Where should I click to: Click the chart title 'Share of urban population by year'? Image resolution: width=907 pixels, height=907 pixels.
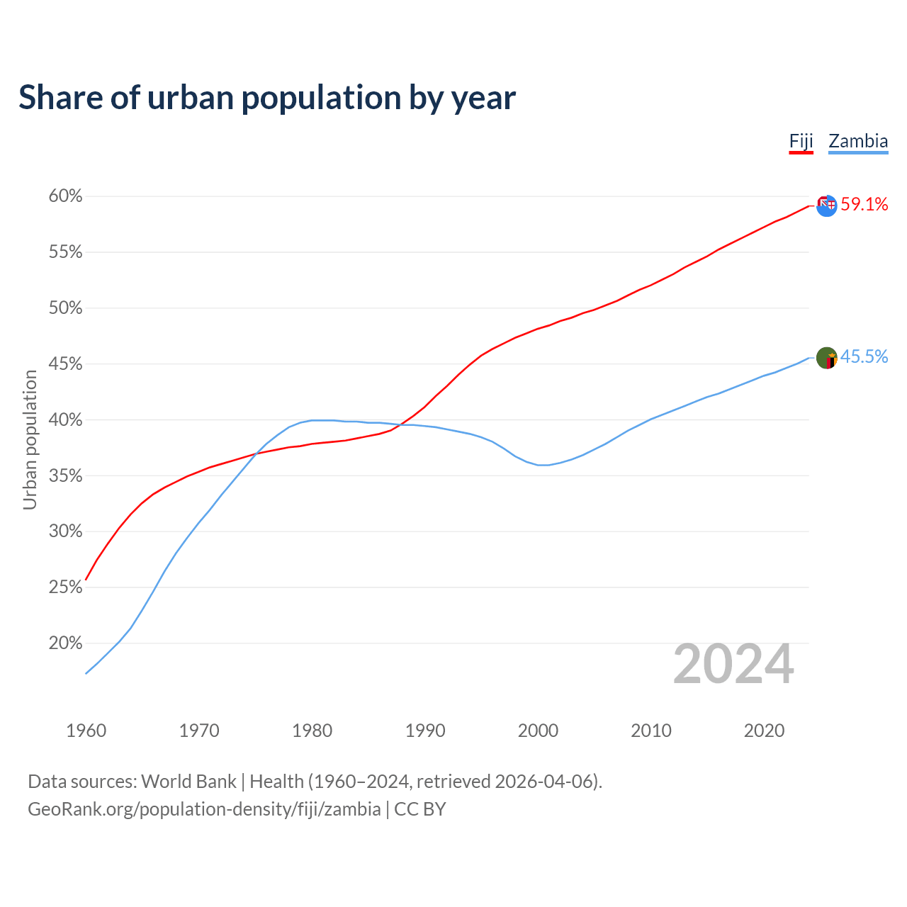(x=267, y=98)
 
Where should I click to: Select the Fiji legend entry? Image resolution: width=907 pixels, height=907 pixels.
(x=801, y=141)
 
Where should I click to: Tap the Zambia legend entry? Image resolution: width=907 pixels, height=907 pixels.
(x=858, y=141)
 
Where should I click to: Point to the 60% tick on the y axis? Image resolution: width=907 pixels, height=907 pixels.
(x=65, y=196)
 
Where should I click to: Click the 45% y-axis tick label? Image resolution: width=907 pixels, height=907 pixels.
(x=65, y=364)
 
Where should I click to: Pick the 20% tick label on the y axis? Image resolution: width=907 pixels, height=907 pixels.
(x=65, y=643)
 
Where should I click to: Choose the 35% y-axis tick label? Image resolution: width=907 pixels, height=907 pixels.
(x=65, y=476)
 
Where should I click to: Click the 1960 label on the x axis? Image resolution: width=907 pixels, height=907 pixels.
(x=86, y=731)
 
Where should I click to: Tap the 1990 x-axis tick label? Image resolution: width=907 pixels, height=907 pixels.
(x=425, y=731)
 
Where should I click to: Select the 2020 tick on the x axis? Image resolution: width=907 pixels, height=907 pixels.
(x=764, y=731)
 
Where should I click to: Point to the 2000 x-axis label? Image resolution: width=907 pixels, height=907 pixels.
(x=538, y=731)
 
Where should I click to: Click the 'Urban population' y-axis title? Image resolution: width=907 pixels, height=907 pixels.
(x=30, y=439)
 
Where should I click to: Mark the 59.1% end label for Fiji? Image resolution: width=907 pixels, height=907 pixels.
(x=864, y=205)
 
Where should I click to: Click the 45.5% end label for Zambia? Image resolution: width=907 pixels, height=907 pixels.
(x=864, y=357)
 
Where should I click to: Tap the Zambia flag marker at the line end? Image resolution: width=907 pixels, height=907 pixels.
(x=826, y=359)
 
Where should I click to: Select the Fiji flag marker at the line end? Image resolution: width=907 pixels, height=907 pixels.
(x=826, y=205)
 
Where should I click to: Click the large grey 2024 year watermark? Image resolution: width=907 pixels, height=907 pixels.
(x=733, y=665)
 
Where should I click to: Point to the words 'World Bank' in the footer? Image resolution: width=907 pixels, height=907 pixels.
(x=188, y=782)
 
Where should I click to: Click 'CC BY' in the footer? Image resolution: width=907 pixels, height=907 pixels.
(x=420, y=809)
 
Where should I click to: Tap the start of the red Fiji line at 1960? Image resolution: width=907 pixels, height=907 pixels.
(x=86, y=579)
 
